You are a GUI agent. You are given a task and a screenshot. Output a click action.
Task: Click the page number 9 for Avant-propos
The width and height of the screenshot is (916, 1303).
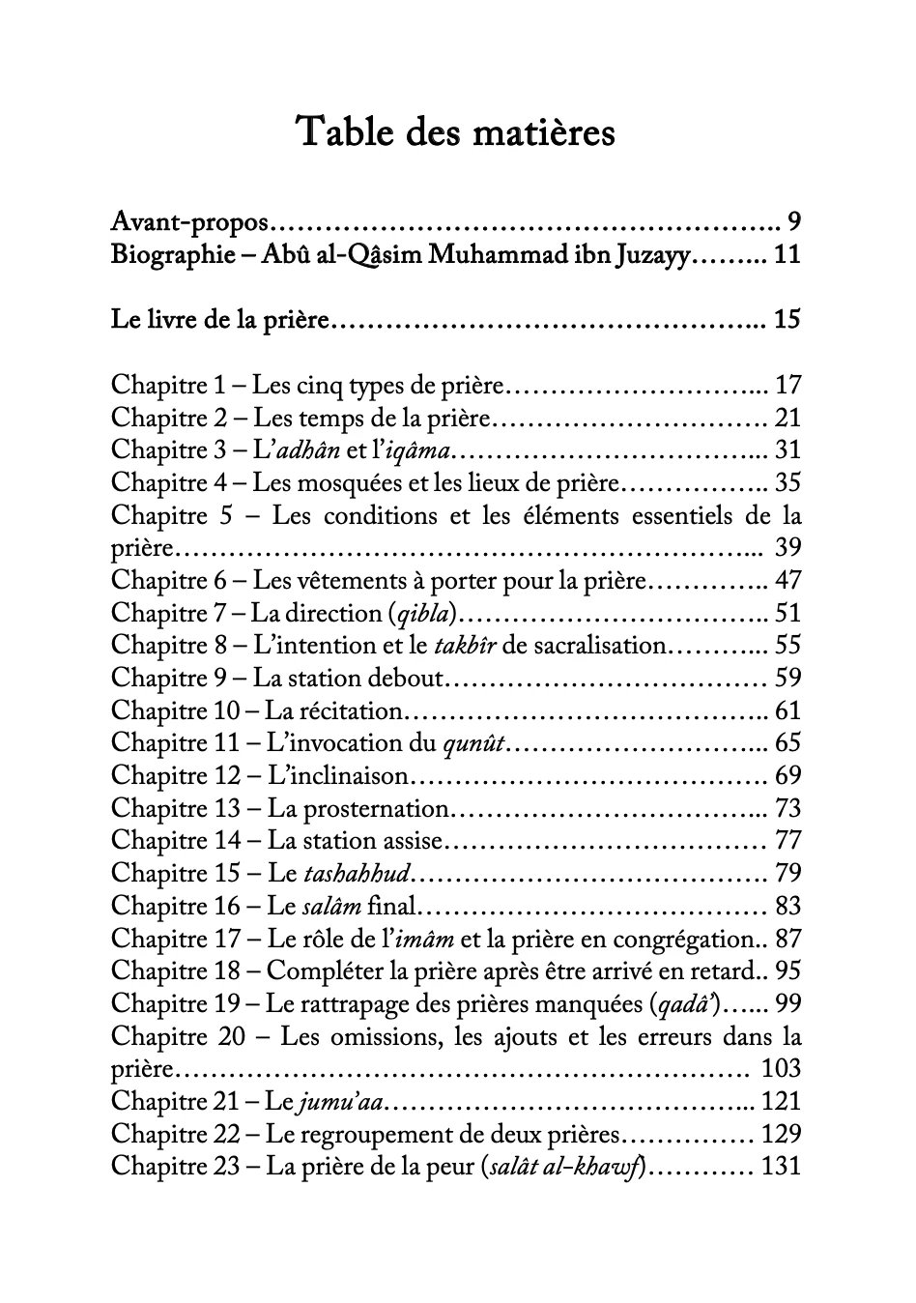coord(793,222)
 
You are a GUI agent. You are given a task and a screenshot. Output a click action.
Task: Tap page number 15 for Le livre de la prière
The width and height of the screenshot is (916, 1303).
coord(787,319)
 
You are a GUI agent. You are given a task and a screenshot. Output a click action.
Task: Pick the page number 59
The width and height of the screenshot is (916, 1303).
coord(787,678)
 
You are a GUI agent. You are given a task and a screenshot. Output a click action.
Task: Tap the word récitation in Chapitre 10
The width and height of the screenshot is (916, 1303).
coord(332,710)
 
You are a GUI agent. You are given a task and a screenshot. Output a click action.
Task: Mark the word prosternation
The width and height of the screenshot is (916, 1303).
coord(358,808)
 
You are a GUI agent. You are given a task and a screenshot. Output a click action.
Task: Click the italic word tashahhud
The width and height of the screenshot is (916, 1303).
coord(358,873)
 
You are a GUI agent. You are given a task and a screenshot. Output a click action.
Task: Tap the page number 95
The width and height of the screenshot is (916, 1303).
coord(787,970)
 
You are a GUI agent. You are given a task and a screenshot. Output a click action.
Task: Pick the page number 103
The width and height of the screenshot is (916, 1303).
coord(781,1068)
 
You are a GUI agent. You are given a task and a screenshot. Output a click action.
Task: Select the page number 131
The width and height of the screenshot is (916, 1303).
coord(782,1166)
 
